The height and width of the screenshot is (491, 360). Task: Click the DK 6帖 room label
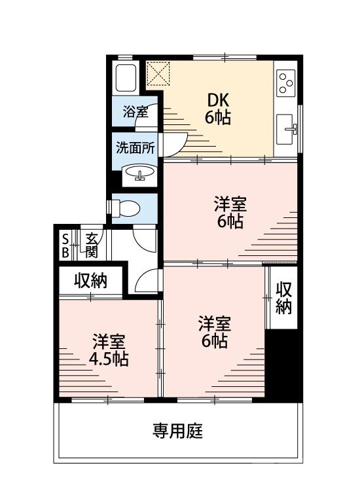pos(219,109)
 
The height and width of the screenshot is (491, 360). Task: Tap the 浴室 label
pos(135,111)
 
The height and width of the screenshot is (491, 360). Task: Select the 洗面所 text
pos(135,147)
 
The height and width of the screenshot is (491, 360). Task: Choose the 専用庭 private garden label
pos(177,431)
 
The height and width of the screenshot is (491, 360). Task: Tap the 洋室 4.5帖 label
pos(109,350)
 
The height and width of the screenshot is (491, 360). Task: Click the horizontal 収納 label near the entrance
pos(90,281)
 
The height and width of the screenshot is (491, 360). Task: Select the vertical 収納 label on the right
pos(283,298)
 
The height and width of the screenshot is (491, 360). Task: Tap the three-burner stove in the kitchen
pos(286,83)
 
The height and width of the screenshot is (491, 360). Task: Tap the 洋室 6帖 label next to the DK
pos(230,213)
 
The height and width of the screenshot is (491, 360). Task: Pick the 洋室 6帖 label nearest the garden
pos(214,332)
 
